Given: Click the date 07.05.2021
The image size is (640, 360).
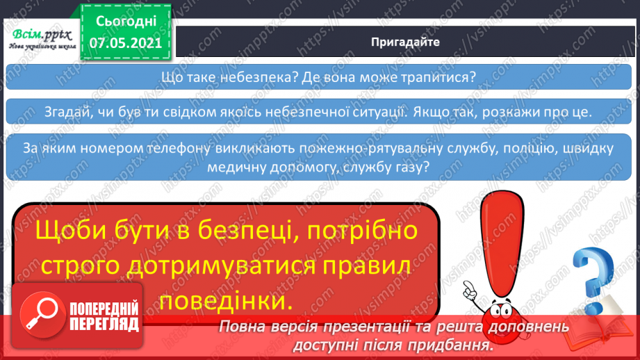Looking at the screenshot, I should click(126, 42).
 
